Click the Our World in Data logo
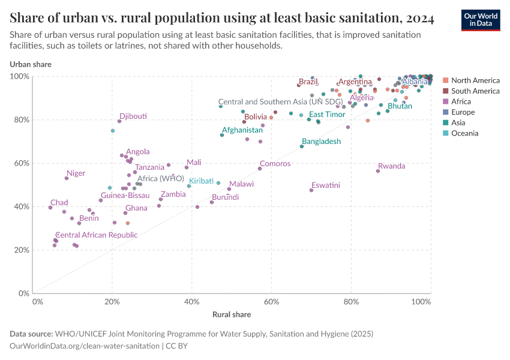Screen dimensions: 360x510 coord(481,19)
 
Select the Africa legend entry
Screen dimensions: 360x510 coord(461,101)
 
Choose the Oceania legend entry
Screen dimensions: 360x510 coord(464,133)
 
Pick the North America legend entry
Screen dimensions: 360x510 coord(475,80)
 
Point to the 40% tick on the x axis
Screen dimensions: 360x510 coord(192,301)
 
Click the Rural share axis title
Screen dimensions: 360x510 coord(232,314)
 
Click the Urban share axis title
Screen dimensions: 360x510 coord(30,64)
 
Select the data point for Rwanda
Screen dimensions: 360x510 coord(378,171)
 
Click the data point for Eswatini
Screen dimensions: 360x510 coord(311,190)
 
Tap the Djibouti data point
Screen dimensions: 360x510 coord(119,121)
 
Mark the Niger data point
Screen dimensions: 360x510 coord(67,178)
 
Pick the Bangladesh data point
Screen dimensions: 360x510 coord(302,146)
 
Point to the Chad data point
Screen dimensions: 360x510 coord(50,208)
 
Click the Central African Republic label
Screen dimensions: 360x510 coord(96,235)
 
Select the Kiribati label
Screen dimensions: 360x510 coord(202,181)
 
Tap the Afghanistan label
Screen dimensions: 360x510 coord(242,130)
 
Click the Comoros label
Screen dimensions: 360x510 coord(275,164)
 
